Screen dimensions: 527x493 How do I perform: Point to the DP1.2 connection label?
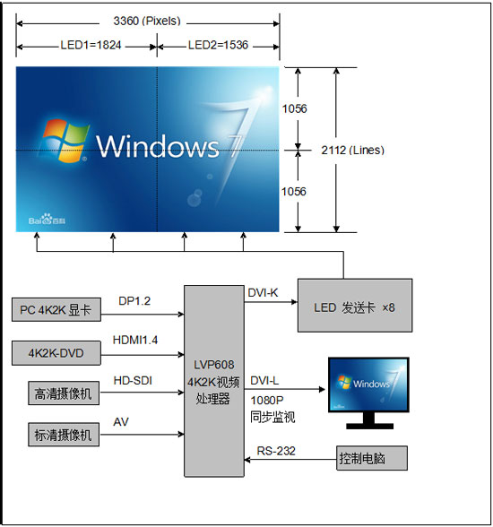click(134, 302)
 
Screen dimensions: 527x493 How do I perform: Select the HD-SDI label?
click(133, 382)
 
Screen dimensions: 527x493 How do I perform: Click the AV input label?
click(121, 421)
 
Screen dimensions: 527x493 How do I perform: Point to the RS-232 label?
click(270, 452)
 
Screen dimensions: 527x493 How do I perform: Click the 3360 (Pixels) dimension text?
click(147, 20)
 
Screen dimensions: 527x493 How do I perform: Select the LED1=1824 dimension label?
click(87, 45)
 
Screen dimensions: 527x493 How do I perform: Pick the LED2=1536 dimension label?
click(218, 45)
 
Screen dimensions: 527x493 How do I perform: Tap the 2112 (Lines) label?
click(355, 150)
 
